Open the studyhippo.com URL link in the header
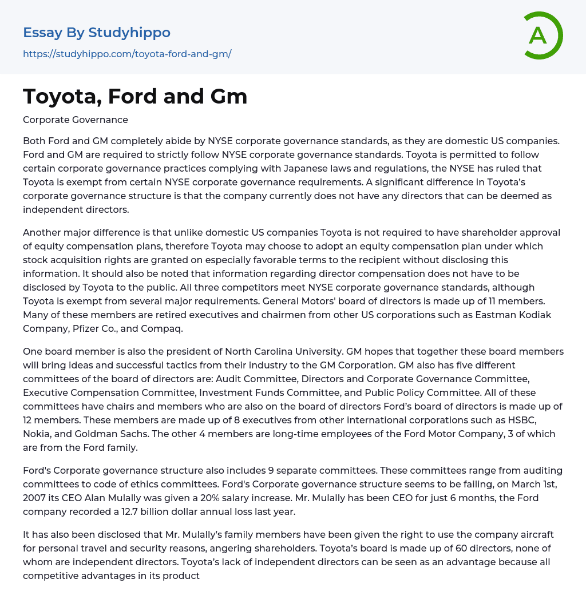click(127, 54)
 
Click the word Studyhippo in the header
click(129, 33)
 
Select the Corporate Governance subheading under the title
click(76, 120)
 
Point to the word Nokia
click(37, 434)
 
